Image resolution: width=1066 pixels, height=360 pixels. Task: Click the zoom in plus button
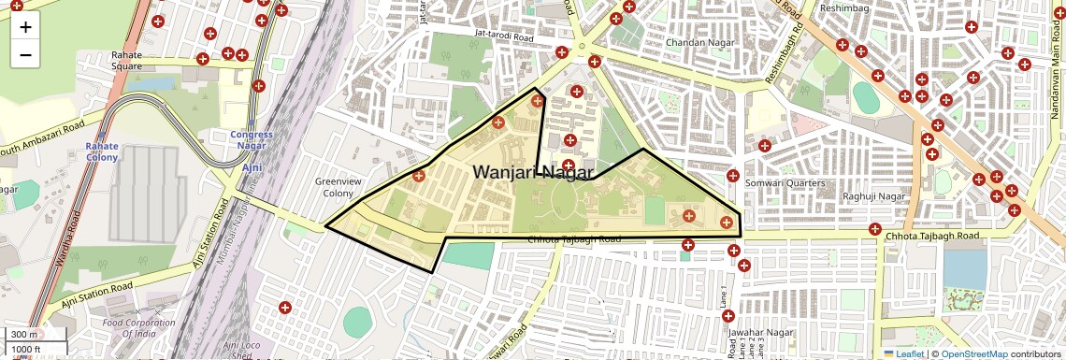click(x=25, y=27)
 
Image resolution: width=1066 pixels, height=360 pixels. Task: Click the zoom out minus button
click(x=25, y=54)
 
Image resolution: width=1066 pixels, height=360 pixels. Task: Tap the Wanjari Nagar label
click(x=533, y=172)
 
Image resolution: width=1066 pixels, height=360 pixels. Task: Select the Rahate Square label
click(x=126, y=61)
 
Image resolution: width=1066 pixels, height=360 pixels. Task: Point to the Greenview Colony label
click(x=334, y=187)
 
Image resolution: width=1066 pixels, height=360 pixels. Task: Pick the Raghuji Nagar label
click(x=874, y=196)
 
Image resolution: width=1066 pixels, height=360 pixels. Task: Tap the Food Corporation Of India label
click(x=139, y=328)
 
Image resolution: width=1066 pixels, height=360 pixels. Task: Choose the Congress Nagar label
click(x=252, y=139)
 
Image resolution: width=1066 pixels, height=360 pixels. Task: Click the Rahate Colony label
click(x=102, y=151)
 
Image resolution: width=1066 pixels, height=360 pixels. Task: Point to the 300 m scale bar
click(x=25, y=335)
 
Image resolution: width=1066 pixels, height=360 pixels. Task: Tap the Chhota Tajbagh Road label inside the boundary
click(x=574, y=240)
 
